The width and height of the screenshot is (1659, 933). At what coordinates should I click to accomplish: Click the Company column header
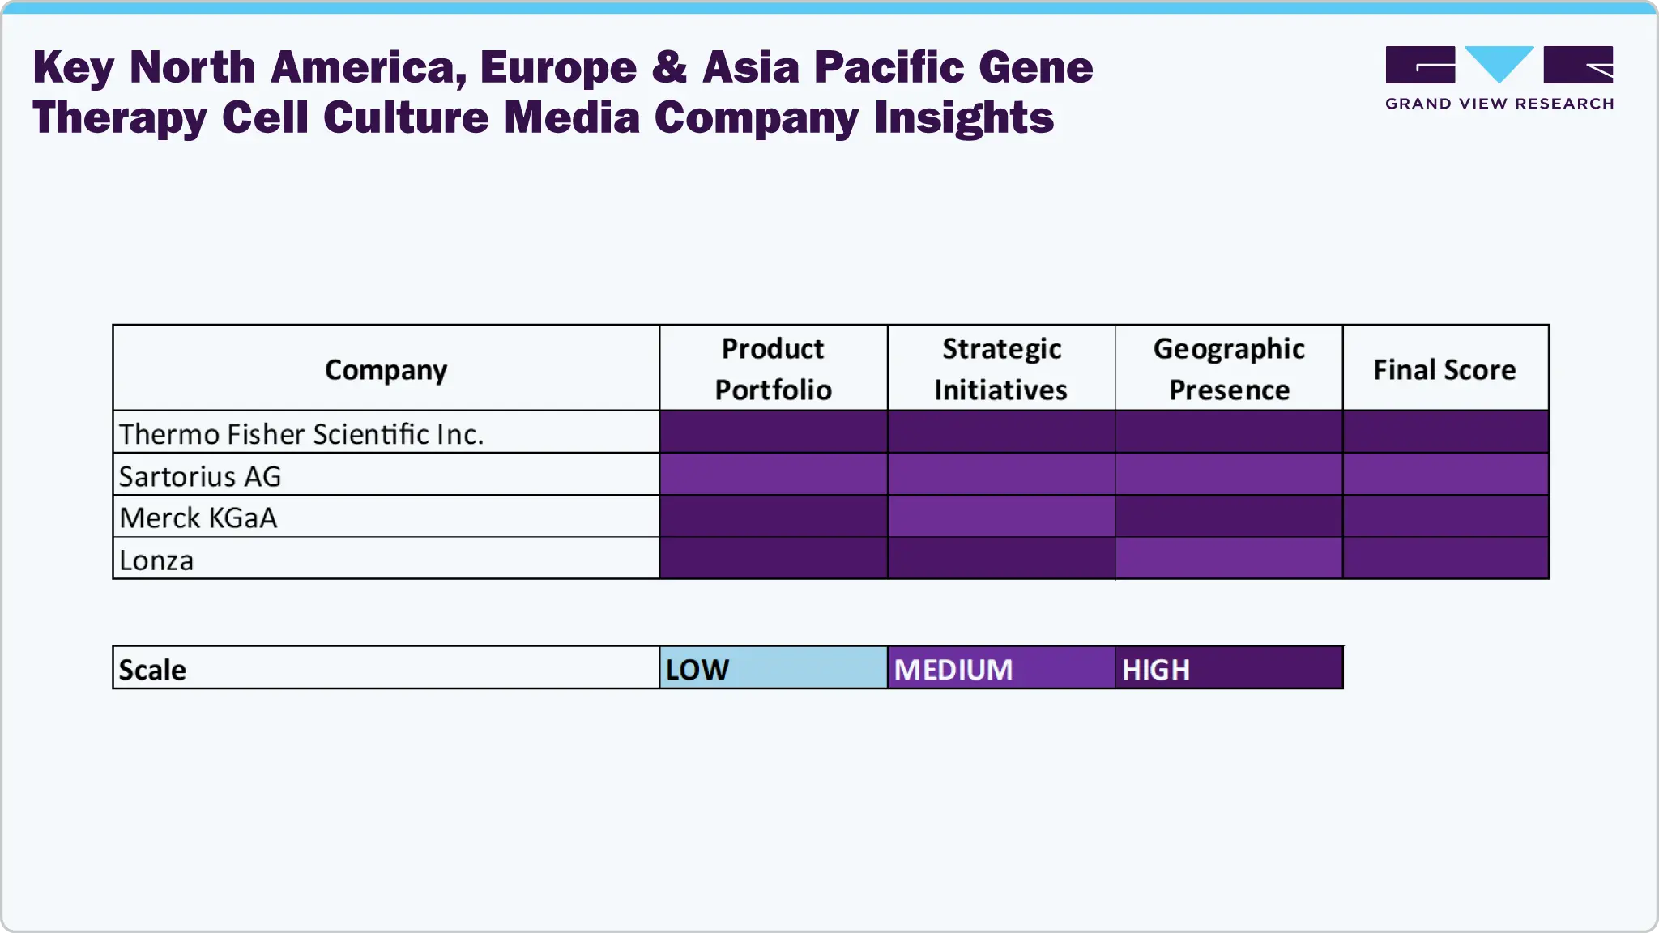tap(386, 369)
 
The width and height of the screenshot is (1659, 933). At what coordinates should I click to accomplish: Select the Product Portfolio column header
tap(773, 369)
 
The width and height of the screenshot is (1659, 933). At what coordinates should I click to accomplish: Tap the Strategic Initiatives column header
tap(1000, 369)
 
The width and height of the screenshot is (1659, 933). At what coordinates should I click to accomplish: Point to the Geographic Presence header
tap(1229, 369)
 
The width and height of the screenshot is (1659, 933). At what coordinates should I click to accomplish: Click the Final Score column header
tap(1444, 369)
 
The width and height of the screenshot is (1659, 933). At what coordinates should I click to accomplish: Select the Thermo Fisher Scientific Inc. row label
tap(301, 434)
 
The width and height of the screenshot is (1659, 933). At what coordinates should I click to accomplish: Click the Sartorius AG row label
tap(200, 476)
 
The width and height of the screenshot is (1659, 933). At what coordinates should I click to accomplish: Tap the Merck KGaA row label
tap(198, 518)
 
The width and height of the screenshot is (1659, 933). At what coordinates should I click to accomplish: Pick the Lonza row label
tap(156, 560)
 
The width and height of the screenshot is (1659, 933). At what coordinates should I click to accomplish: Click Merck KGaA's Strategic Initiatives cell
tap(1000, 517)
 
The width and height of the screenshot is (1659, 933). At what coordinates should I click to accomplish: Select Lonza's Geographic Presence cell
tap(1229, 559)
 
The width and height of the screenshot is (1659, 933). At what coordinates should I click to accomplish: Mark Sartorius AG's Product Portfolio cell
tap(773, 475)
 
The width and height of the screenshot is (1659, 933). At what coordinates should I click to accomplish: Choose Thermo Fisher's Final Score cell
tap(1445, 432)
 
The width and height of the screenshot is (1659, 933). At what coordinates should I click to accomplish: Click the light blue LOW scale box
tap(773, 668)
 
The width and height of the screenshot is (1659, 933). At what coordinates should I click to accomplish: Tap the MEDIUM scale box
tap(1000, 668)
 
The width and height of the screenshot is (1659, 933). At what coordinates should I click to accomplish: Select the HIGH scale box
tap(1229, 668)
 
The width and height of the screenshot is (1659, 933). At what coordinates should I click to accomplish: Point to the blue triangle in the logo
tap(1499, 62)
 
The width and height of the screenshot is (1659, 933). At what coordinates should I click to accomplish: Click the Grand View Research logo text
tap(1499, 104)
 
